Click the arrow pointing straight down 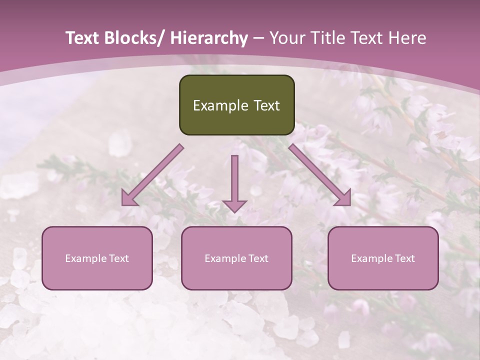tap(234, 182)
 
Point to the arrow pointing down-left tap(152, 175)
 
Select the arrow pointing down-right tap(320, 175)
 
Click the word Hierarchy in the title tap(209, 38)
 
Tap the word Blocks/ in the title tap(135, 38)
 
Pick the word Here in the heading tap(407, 38)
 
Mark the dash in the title tap(258, 38)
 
